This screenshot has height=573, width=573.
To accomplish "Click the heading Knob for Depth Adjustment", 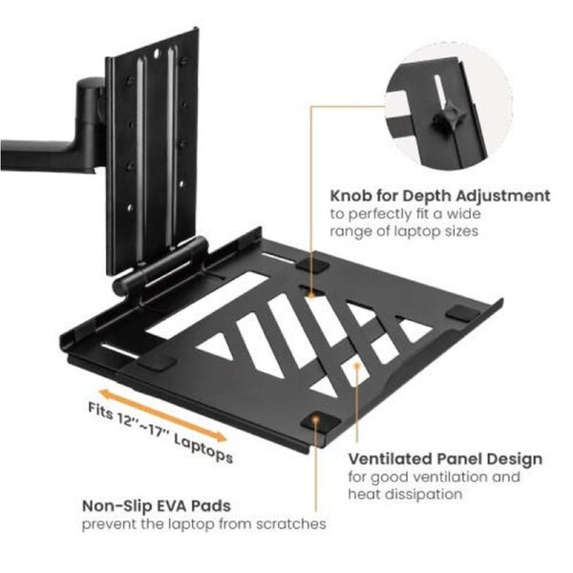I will [439, 195].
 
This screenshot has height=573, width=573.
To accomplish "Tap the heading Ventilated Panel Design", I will [445, 459].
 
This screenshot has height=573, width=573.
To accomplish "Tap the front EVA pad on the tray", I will [316, 420].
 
